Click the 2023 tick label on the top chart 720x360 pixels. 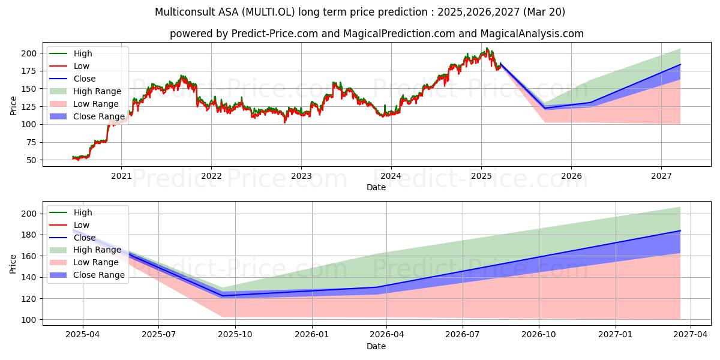tap(301, 176)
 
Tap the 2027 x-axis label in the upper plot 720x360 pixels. tap(661, 176)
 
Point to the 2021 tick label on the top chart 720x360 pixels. tap(121, 176)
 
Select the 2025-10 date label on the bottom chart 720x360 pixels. tap(235, 335)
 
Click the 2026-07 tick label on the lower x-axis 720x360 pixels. tap(463, 335)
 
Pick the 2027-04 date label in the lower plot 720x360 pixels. tap(691, 335)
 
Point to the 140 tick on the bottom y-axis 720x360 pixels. tap(29, 277)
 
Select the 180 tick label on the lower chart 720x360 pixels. tap(29, 235)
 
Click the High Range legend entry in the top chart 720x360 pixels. tap(85, 91)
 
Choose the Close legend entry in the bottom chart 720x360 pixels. tap(73, 238)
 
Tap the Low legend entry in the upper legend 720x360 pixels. tap(70, 66)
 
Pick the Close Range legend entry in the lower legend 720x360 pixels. tap(87, 275)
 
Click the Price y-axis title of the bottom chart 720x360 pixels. tap(13, 264)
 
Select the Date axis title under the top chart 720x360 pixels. tap(376, 187)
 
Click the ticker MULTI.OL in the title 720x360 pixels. tap(268, 12)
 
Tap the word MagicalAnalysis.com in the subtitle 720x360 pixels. tap(532, 34)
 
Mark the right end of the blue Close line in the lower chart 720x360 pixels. tap(680, 231)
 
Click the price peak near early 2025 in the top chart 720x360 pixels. tap(487, 48)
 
